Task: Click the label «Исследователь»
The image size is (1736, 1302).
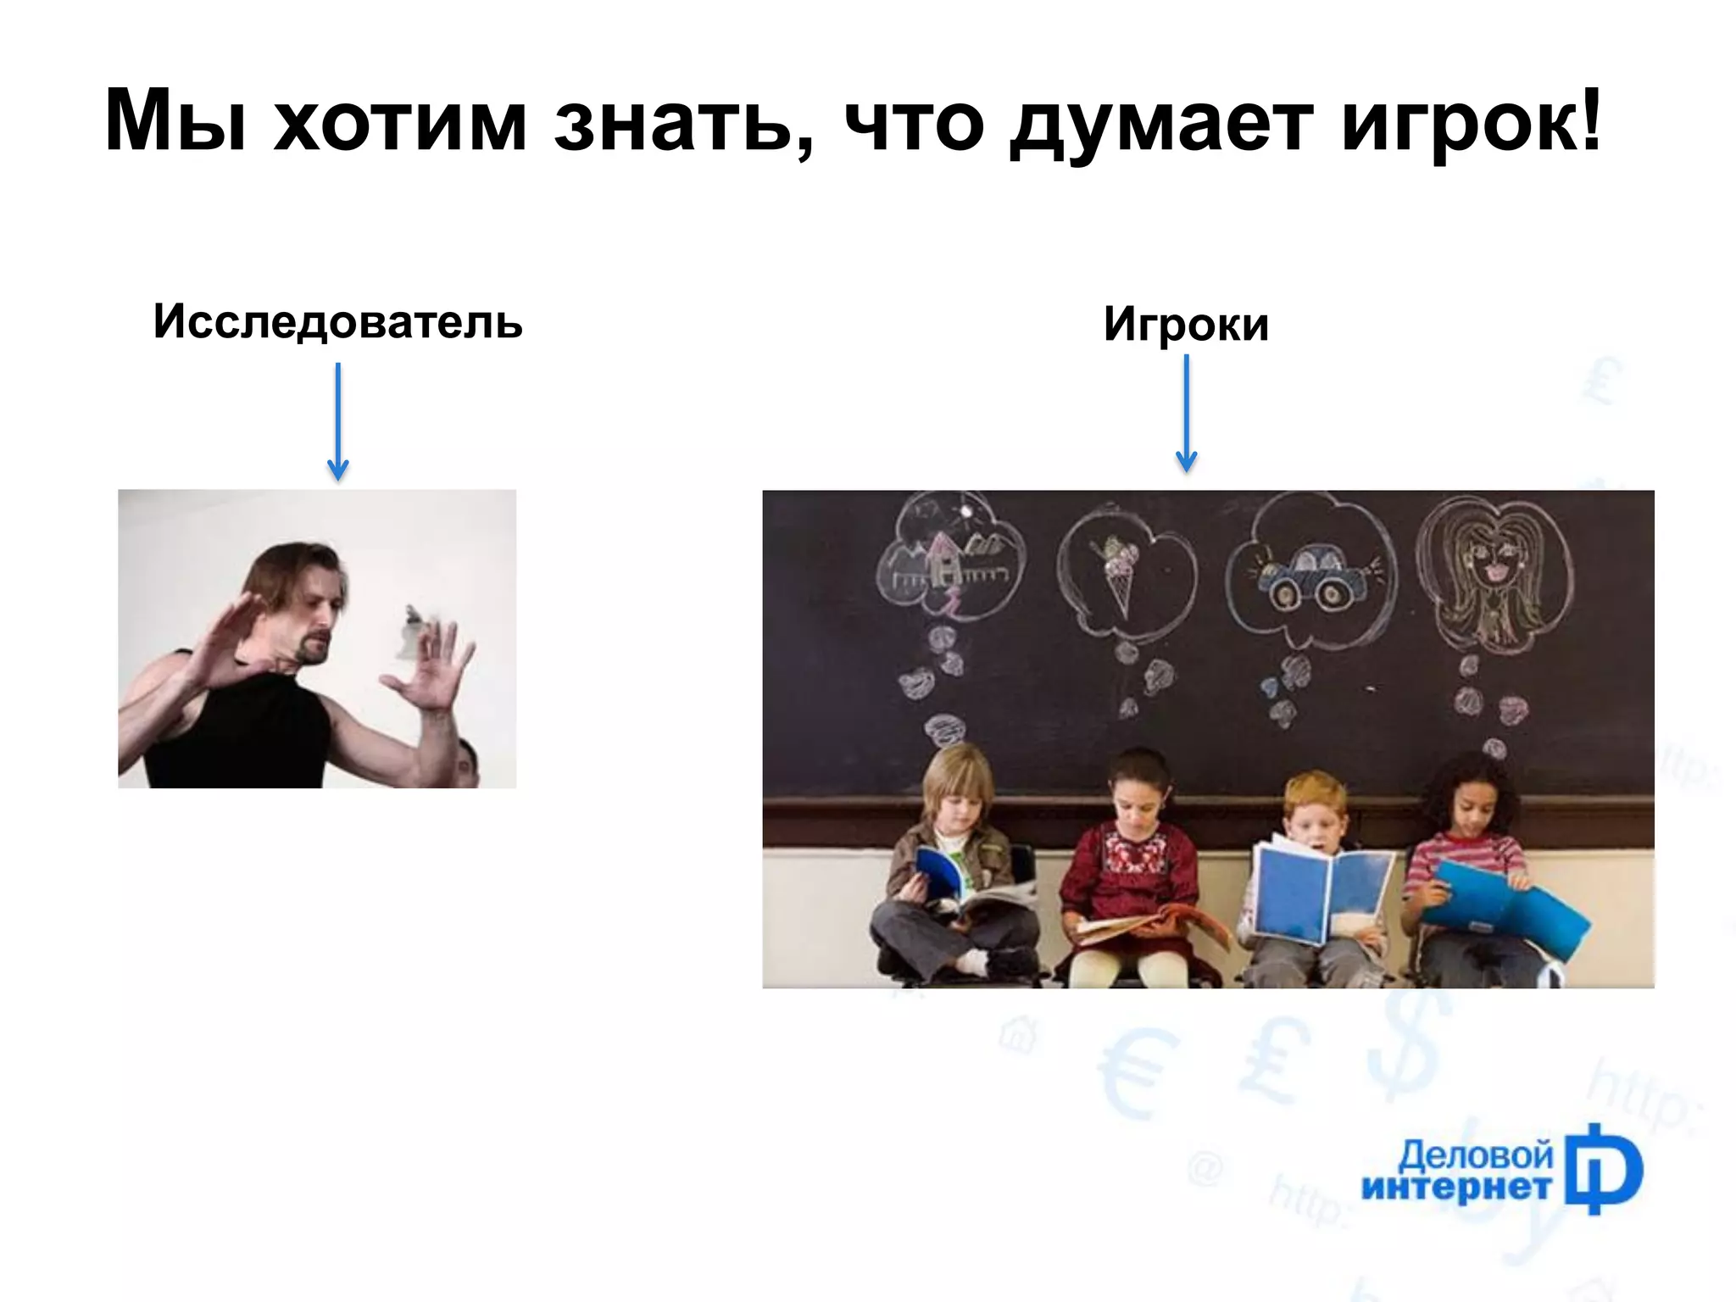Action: [x=337, y=322]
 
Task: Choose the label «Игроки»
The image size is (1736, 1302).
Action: [x=1186, y=325]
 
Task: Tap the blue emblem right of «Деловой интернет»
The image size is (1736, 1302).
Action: [x=1602, y=1171]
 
